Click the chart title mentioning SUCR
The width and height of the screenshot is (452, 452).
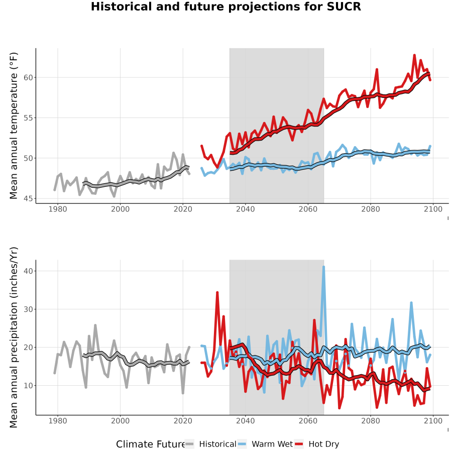coord(225,7)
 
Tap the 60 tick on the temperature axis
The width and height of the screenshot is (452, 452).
coord(28,77)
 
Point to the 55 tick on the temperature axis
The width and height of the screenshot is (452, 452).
coord(28,118)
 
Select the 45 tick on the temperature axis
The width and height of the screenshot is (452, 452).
coord(28,198)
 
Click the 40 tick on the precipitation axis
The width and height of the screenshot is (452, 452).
coord(28,271)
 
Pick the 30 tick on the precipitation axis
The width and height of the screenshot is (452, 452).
coord(28,309)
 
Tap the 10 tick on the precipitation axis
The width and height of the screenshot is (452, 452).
coord(28,385)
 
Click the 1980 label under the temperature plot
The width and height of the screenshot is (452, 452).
coord(58,209)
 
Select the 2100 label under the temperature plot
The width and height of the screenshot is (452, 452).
coord(433,209)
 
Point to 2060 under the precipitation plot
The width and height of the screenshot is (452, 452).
coord(308,421)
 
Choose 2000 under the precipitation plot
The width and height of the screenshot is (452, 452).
coord(120,421)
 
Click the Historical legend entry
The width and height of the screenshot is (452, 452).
coord(210,444)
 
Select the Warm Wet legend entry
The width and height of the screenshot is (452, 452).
coord(265,444)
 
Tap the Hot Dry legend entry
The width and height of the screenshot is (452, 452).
coord(316,444)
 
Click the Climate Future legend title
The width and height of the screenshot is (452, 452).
coord(151,444)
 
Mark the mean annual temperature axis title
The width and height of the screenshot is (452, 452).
coord(14,126)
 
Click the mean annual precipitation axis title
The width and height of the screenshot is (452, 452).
coord(14,337)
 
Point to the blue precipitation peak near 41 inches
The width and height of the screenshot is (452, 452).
coord(324,267)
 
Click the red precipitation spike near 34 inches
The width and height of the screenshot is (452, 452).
coord(217,293)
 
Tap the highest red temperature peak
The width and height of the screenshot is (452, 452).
coord(414,55)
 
